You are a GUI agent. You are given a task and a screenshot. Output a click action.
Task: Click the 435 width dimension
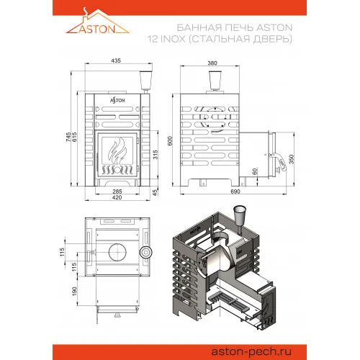tap(116, 60)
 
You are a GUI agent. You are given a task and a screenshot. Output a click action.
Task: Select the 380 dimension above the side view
tap(212, 63)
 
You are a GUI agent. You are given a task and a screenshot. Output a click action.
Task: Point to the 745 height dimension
tap(68, 137)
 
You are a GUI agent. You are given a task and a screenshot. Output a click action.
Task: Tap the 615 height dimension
tap(75, 137)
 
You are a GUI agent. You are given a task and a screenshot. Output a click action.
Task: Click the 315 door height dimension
tap(156, 155)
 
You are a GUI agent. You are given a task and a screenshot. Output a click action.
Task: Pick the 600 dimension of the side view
tap(170, 141)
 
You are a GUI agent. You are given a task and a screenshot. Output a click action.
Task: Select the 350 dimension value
tap(292, 159)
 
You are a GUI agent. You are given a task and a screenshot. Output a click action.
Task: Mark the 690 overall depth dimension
tap(235, 192)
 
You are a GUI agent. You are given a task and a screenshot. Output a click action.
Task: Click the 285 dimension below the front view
tap(117, 192)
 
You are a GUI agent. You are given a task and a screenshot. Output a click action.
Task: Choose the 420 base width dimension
tap(117, 197)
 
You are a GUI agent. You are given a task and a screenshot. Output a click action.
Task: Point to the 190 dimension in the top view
tap(75, 291)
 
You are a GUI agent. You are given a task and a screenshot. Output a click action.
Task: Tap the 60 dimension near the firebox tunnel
tap(255, 171)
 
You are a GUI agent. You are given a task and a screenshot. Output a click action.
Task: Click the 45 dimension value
tap(155, 192)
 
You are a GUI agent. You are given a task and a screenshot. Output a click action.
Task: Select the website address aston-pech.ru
tap(251, 352)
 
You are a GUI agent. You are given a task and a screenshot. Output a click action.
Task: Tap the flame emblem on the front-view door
tap(117, 150)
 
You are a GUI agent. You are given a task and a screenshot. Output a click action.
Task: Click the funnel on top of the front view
tap(146, 81)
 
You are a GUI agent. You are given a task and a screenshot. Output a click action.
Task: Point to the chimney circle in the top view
tap(117, 252)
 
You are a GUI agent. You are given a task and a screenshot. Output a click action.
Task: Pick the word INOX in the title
tap(173, 39)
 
